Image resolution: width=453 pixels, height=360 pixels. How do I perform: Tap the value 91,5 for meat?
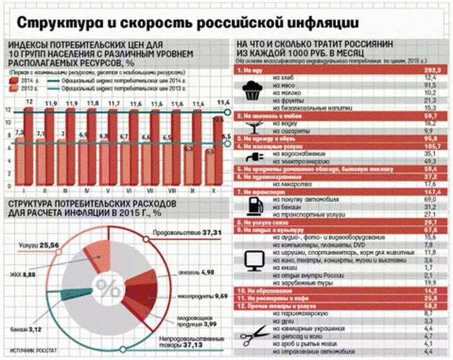(429, 86)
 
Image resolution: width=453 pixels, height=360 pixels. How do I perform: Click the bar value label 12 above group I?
(29, 102)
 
